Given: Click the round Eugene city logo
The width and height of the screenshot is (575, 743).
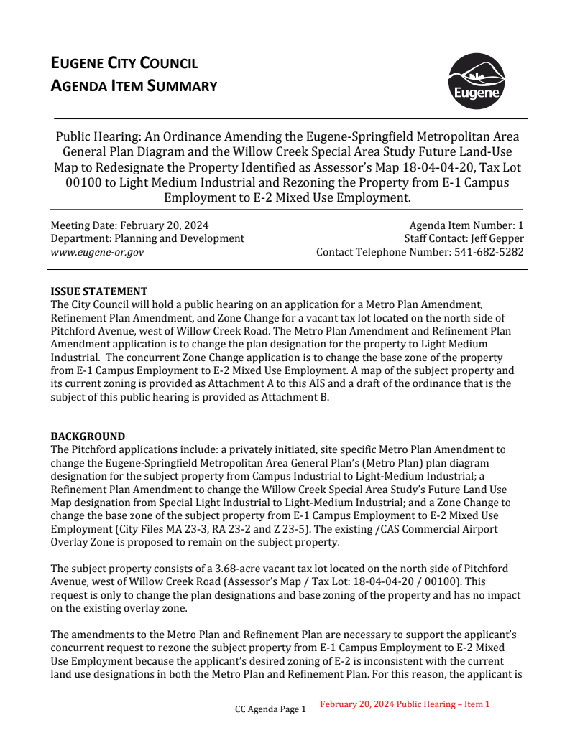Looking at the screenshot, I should (476, 80).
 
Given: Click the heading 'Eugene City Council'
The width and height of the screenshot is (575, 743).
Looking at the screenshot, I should (124, 63).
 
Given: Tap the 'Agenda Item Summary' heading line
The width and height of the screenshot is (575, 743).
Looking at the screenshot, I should (134, 87).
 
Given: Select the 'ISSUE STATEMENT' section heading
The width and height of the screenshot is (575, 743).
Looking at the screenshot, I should (98, 291).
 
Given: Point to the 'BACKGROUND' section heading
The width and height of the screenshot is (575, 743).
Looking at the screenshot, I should (88, 436).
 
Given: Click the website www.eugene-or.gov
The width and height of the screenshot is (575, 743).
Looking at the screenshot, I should (97, 252).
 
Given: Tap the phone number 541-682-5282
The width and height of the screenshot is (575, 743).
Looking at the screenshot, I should (489, 252).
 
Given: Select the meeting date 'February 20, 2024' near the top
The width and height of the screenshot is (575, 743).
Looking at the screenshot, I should (162, 225).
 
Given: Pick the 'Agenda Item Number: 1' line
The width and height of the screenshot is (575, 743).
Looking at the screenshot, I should (466, 225).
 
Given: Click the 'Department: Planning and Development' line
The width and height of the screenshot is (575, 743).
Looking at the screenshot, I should (147, 238).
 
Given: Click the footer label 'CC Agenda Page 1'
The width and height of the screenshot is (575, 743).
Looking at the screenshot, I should (270, 709).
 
